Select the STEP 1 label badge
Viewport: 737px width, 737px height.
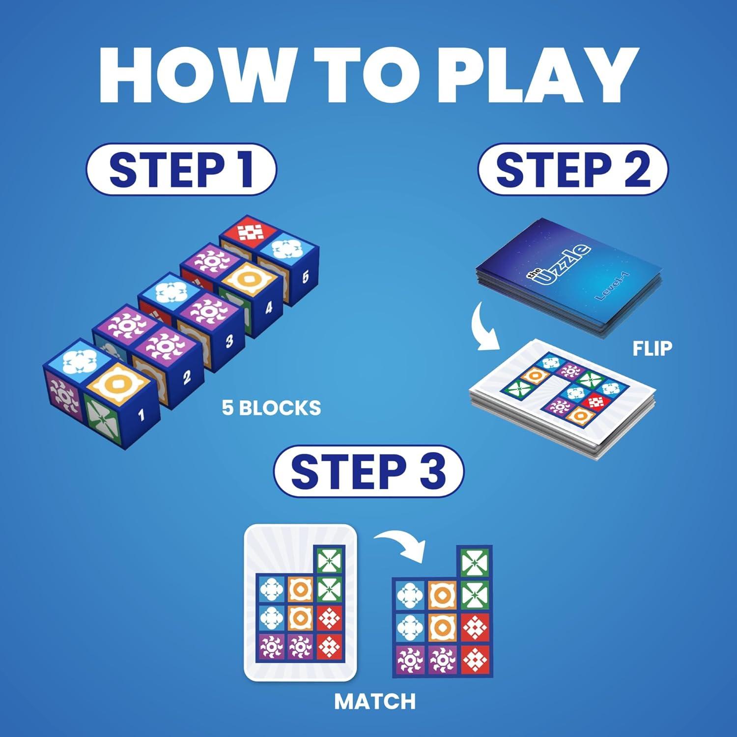click(x=181, y=169)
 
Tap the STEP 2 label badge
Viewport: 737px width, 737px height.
click(x=573, y=169)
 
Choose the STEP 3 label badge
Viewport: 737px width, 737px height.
click(x=368, y=471)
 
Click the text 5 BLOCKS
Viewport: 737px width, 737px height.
click(x=271, y=408)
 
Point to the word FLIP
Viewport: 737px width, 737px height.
click(x=652, y=348)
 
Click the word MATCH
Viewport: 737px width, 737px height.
click(x=375, y=701)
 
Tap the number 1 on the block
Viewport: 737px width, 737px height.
click(x=142, y=416)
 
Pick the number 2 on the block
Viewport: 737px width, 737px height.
click(x=187, y=377)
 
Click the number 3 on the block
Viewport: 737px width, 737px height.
click(x=229, y=341)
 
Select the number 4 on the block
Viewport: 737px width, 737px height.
click(x=268, y=308)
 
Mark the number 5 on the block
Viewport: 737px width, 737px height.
click(x=305, y=277)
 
